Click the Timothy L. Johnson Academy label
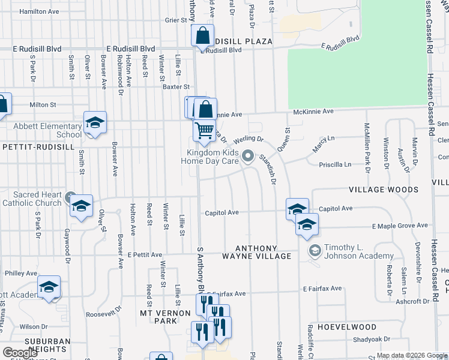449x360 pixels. click(350, 251)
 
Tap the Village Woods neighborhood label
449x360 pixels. click(384, 190)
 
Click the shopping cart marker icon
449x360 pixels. click(205, 130)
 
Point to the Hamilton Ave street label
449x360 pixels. click(39, 11)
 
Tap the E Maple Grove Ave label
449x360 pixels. click(400, 226)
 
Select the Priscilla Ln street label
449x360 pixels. click(336, 164)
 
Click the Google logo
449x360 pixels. click(20, 353)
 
